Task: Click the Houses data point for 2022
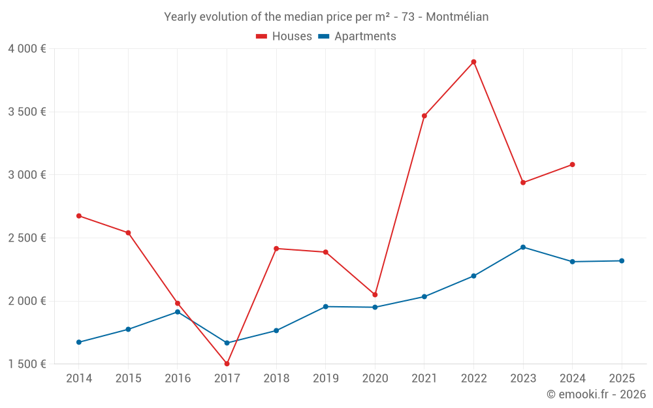pos(473,62)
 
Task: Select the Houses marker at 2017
pos(227,364)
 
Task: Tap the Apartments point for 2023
pos(523,247)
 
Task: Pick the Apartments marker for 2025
pos(622,261)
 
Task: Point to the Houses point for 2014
pos(79,216)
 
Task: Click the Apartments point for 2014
pos(79,342)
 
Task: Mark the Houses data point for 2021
pos(424,116)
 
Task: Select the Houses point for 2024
pos(572,165)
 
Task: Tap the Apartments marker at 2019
pos(326,307)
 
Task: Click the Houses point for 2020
pos(375,295)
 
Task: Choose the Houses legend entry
pos(284,37)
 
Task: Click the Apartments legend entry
pos(357,37)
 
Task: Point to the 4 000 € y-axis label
pos(27,49)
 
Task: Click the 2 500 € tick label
pos(27,238)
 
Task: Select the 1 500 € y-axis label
pos(27,364)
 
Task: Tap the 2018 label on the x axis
pos(276,379)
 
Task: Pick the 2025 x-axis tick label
pos(622,379)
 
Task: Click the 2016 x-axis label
pos(178,379)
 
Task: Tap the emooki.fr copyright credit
pos(596,394)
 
